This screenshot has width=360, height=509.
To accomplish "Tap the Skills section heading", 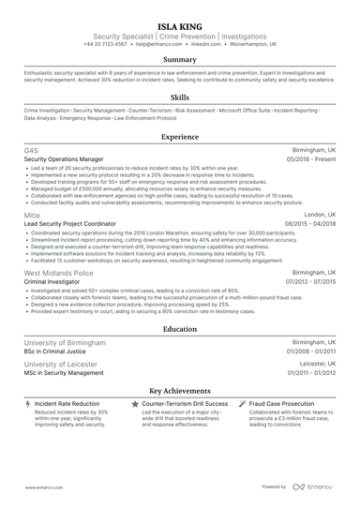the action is click(179, 97).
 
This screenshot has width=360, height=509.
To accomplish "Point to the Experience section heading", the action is click(179, 136).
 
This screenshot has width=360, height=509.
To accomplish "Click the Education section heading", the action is click(179, 329).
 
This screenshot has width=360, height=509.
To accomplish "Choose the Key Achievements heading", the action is click(179, 389).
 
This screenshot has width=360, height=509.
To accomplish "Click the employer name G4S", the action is click(30, 150).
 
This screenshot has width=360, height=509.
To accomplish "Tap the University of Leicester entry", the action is click(57, 362).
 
